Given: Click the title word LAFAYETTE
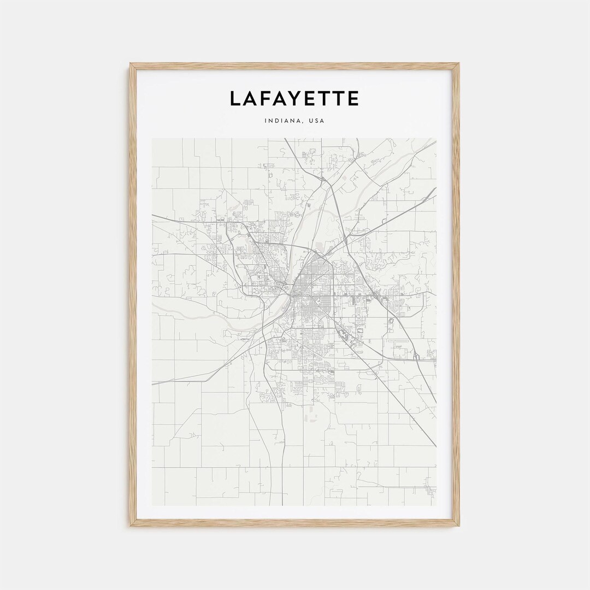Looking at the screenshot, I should point(294,99).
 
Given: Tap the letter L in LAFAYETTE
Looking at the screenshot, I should point(235,99).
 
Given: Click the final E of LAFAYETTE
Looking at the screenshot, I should point(353,99).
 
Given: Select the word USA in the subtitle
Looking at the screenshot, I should point(316,121).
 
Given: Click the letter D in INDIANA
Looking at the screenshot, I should point(276,121).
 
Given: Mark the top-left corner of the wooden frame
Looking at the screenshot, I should point(131,64).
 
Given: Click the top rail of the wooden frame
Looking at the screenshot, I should point(294,66).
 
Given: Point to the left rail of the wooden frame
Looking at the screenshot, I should point(133,295).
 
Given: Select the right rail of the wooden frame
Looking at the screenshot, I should point(456,295).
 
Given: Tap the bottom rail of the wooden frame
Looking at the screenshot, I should point(294,523).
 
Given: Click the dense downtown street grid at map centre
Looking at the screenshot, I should point(309,298).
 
